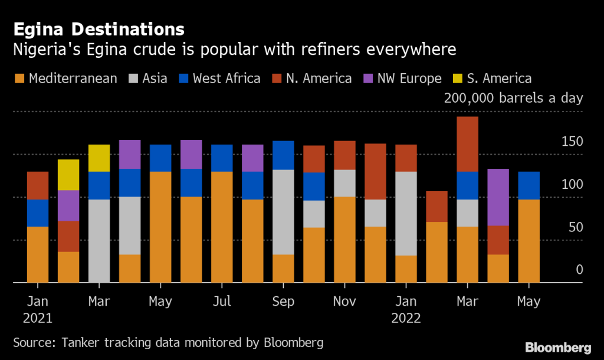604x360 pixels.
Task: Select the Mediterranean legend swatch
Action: tap(18, 78)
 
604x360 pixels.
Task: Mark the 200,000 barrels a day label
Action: tap(513, 98)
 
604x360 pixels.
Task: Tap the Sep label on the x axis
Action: tap(283, 302)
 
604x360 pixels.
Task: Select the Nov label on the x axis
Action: tap(344, 302)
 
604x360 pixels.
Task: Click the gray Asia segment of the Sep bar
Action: tap(283, 212)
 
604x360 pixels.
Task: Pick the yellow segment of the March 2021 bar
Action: tap(99, 158)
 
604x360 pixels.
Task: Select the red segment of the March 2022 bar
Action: tap(467, 144)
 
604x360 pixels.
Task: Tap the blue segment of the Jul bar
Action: tap(222, 158)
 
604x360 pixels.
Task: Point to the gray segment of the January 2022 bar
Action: tap(406, 214)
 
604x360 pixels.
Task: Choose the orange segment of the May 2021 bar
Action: tap(160, 227)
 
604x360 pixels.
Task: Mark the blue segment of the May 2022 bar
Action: tap(528, 185)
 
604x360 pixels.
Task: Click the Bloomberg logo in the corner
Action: tap(558, 346)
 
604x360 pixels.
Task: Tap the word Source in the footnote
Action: tap(31, 342)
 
